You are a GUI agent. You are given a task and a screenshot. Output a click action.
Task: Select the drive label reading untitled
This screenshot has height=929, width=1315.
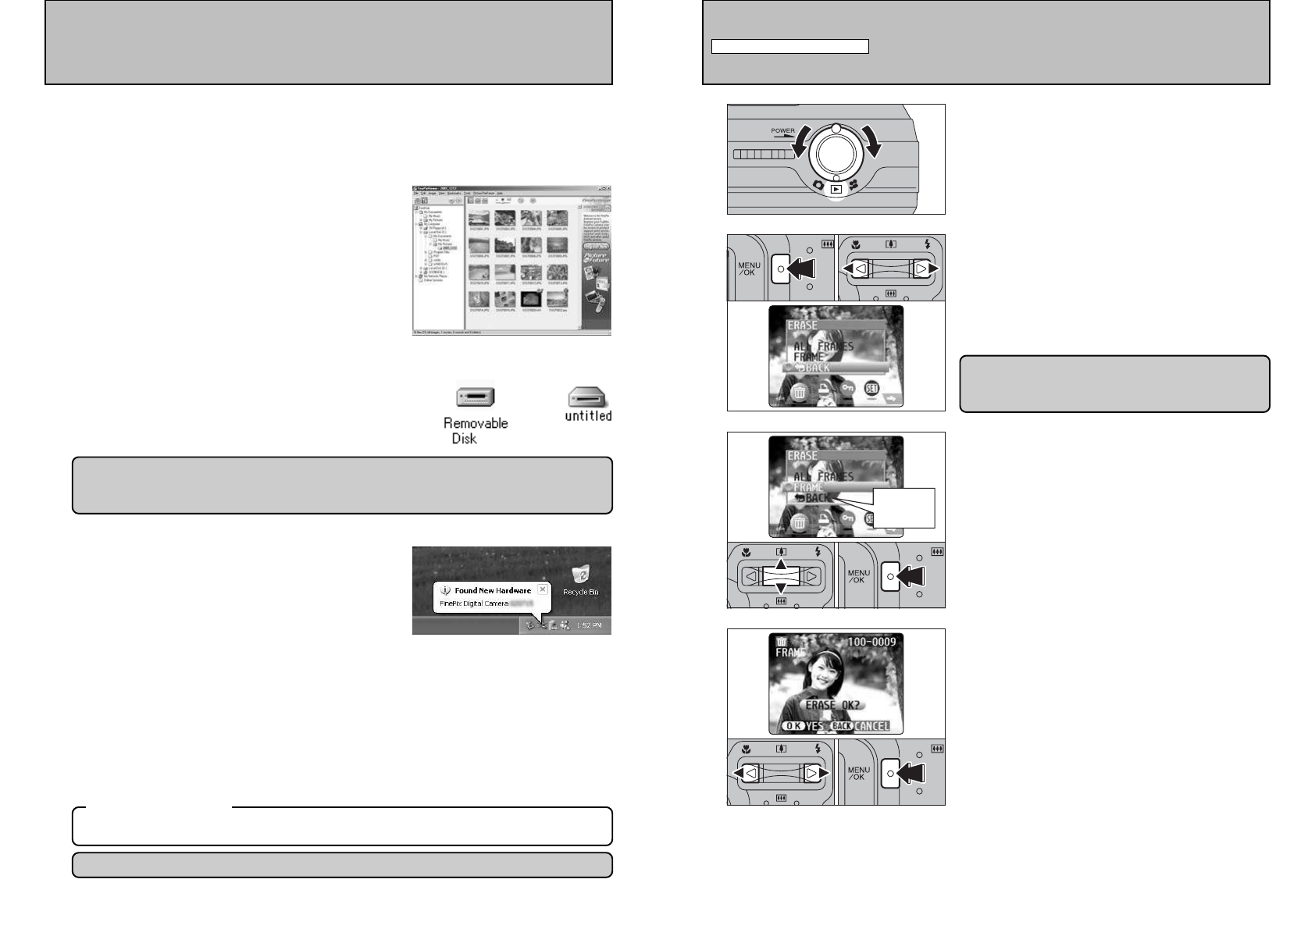[x=588, y=416]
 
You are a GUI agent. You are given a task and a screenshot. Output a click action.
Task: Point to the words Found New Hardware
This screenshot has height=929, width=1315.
[x=493, y=590]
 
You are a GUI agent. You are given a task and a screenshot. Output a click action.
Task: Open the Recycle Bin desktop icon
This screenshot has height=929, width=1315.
[x=580, y=575]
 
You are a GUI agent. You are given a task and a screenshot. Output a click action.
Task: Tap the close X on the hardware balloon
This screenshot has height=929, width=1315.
[x=543, y=589]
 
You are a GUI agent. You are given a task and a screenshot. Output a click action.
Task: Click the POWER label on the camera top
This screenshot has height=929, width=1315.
[x=782, y=131]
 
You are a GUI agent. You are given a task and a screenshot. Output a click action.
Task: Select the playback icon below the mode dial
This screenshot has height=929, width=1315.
[x=836, y=188]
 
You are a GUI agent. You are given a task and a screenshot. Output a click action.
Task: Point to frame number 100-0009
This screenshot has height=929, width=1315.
[x=872, y=642]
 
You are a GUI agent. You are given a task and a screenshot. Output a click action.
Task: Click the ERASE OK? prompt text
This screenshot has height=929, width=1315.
[x=832, y=705]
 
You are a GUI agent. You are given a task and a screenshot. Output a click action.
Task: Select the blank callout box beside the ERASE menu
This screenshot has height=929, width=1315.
[x=903, y=507]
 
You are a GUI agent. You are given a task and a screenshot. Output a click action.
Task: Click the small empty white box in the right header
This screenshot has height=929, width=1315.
[x=790, y=47]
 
